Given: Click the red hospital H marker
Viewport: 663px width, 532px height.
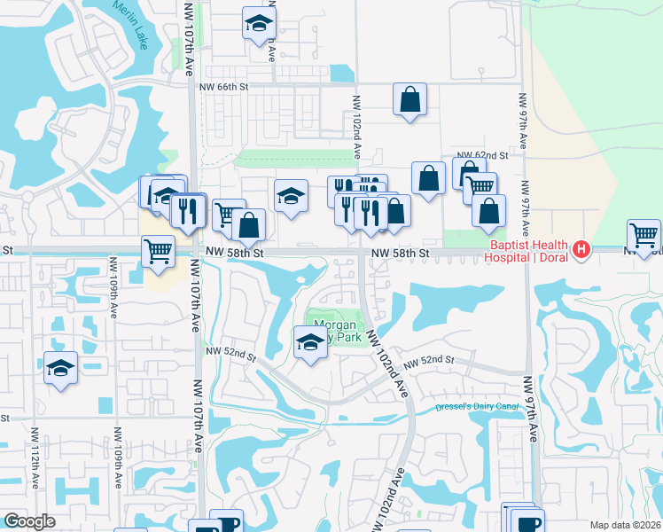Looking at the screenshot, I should [581, 250].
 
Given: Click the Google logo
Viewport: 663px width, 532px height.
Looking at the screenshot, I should [29, 521].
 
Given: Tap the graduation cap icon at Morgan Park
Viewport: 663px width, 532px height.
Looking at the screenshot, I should [310, 342].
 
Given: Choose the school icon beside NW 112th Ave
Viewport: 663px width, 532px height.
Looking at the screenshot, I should [60, 367].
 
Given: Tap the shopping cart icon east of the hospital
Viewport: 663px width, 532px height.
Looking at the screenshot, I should [643, 235].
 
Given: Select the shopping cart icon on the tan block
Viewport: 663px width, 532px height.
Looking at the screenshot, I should [158, 250].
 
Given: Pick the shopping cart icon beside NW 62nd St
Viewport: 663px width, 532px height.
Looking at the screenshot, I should [480, 186].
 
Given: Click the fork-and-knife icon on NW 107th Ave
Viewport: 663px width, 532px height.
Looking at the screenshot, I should [188, 210].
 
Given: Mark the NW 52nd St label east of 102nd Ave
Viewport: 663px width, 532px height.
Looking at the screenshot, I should [429, 362].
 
